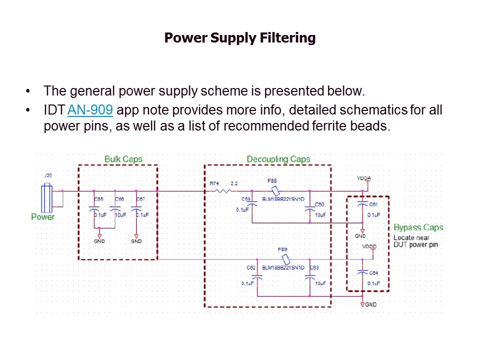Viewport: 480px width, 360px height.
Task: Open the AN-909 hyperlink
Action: [x=90, y=110]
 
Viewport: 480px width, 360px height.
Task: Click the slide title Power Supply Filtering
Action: [x=240, y=38]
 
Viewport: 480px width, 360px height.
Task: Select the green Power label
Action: [x=43, y=217]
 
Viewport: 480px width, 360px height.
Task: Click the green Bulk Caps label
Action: [x=123, y=159]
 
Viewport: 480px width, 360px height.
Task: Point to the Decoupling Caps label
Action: [x=278, y=159]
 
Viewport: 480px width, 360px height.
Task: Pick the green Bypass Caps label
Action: [x=418, y=227]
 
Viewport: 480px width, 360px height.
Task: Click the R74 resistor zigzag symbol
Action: [x=223, y=191]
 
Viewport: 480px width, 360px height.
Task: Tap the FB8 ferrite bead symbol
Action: [x=274, y=191]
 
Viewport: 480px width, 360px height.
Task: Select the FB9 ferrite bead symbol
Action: [x=286, y=259]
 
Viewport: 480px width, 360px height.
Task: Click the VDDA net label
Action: [x=363, y=178]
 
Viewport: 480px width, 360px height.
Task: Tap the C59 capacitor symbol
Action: [x=252, y=203]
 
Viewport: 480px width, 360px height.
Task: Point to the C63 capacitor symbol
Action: [x=310, y=276]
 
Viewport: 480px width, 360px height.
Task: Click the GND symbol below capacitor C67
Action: [x=136, y=236]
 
